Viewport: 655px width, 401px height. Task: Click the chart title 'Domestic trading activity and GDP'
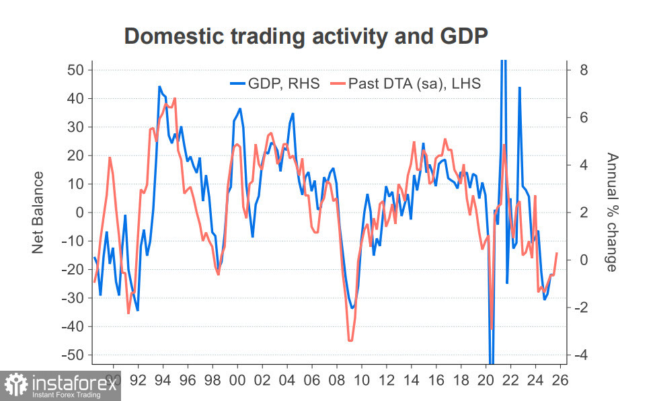(305, 36)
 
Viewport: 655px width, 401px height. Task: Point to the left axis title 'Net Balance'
(38, 213)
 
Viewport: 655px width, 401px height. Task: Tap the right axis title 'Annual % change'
(611, 213)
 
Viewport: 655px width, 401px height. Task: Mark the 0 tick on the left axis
(79, 213)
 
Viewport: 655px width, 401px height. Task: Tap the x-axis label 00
(237, 379)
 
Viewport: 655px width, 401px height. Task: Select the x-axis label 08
(336, 379)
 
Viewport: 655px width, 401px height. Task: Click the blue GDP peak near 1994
(159, 87)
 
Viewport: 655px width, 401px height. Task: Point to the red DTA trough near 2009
(350, 340)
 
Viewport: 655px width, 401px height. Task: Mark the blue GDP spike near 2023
(520, 87)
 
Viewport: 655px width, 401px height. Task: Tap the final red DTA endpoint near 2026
(557, 253)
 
